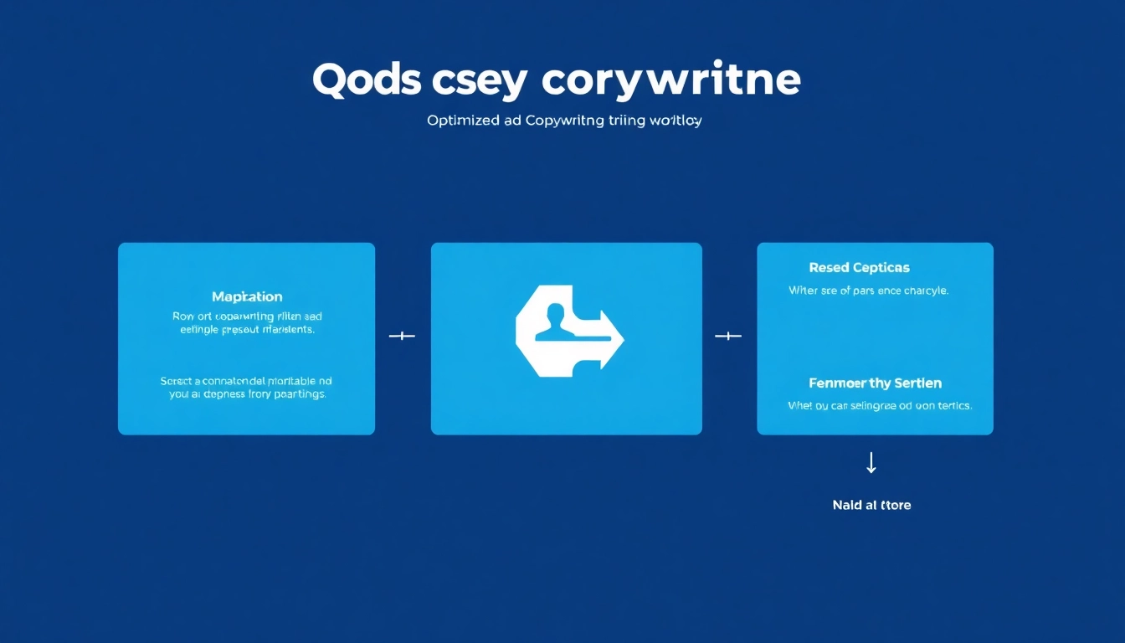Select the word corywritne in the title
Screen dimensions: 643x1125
[671, 80]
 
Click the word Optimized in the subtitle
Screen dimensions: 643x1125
[462, 121]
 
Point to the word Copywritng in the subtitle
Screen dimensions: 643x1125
[565, 121]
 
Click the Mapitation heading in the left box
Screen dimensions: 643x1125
[247, 296]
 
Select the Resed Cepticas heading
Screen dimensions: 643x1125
[859, 268]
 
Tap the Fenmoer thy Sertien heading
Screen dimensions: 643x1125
[875, 383]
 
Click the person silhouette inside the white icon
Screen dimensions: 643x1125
[552, 322]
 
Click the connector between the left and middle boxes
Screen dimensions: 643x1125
[403, 337]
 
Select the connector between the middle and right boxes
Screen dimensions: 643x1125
[728, 337]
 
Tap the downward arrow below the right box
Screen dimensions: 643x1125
[871, 463]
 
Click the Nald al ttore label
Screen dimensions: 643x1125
[871, 505]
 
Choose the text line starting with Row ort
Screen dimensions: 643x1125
[247, 316]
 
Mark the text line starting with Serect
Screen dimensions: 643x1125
[246, 381]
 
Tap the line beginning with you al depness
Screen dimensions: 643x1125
[247, 394]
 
